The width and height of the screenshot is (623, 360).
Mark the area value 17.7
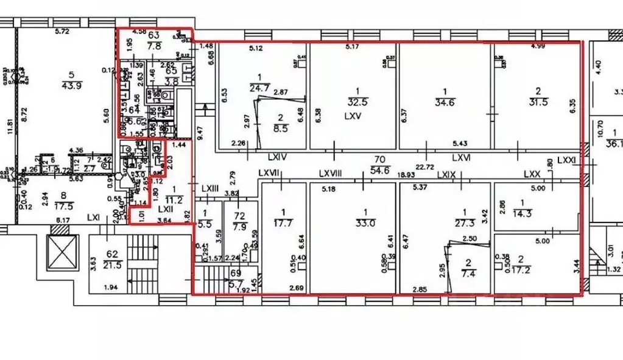coord(282,222)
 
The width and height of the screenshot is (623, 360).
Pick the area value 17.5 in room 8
coord(63,205)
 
